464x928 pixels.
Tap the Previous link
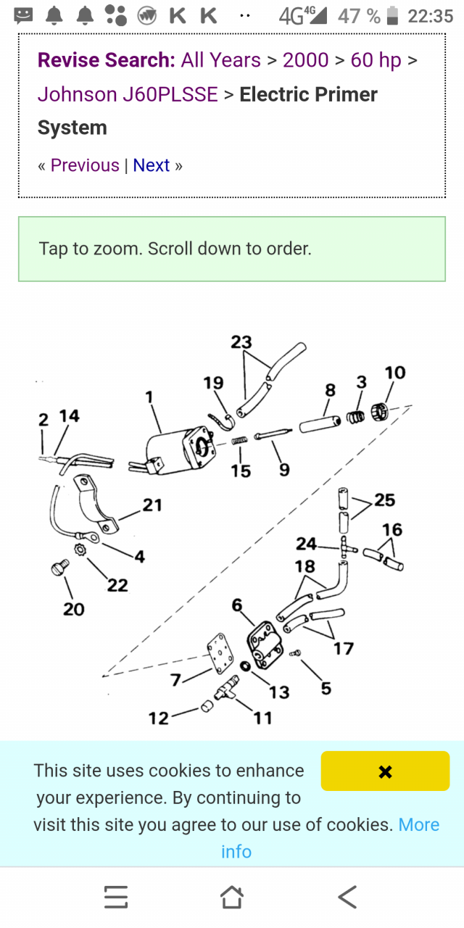[85, 165]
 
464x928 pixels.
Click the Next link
[151, 165]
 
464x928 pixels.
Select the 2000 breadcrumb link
[305, 60]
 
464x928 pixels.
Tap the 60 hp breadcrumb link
[376, 60]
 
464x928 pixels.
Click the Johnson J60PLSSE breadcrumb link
[128, 94]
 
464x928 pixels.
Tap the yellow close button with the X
[385, 771]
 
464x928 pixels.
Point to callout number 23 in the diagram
[241, 341]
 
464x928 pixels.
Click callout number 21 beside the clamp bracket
[152, 505]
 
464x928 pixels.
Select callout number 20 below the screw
[73, 609]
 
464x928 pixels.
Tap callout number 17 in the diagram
[343, 648]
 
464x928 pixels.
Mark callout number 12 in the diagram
[158, 718]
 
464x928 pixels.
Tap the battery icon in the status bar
[392, 15]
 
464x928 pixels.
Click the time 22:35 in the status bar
[430, 15]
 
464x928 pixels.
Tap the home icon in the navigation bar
[231, 897]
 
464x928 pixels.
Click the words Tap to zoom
[89, 249]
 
